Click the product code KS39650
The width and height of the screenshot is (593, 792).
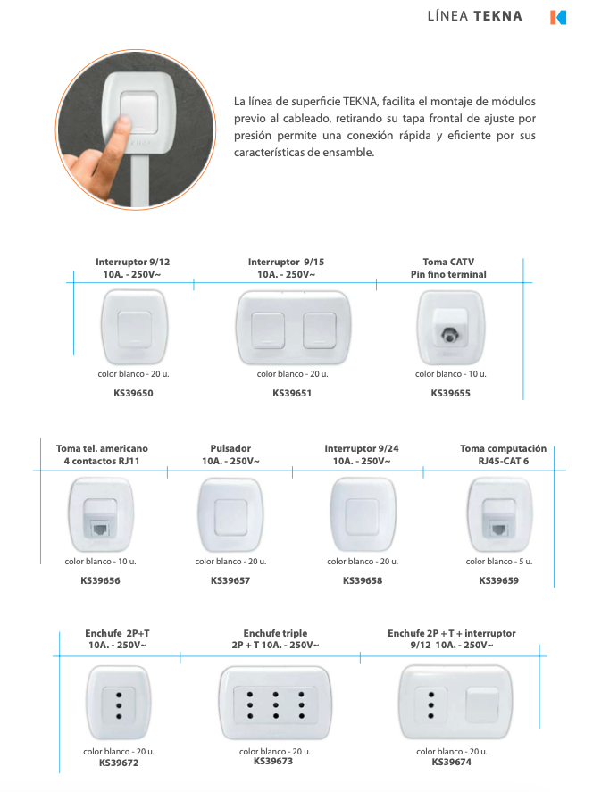click(x=133, y=393)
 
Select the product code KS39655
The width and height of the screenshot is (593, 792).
click(x=451, y=393)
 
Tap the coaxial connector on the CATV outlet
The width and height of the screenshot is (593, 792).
click(x=448, y=335)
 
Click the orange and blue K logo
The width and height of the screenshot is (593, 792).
click(x=558, y=17)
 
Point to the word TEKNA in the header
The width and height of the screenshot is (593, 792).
click(x=497, y=16)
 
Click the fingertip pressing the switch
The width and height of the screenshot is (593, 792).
click(x=121, y=123)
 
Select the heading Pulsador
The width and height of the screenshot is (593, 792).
click(x=230, y=448)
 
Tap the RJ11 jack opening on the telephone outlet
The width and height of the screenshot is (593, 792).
click(x=100, y=529)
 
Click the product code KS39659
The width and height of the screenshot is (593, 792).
click(x=499, y=580)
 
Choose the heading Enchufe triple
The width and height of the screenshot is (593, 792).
click(x=275, y=633)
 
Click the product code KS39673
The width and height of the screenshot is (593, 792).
click(x=273, y=761)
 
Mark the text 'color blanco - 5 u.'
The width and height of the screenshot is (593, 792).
click(x=499, y=561)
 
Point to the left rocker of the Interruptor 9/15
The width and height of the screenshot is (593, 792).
click(x=268, y=330)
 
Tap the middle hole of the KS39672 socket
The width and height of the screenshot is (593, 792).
click(x=119, y=705)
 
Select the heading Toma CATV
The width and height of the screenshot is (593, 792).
click(x=448, y=262)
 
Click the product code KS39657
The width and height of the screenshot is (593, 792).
click(x=230, y=580)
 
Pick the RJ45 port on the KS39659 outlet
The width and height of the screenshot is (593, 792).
click(x=498, y=529)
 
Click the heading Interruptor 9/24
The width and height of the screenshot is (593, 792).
click(x=362, y=448)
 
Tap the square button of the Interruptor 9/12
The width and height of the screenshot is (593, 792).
click(x=134, y=329)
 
